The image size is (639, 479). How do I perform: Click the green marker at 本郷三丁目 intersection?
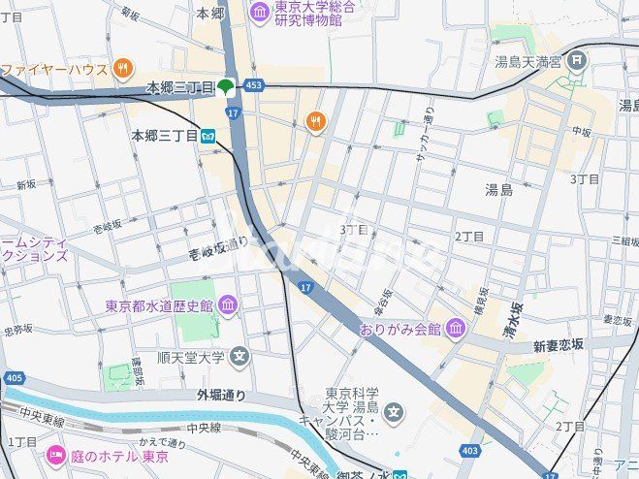(226, 87)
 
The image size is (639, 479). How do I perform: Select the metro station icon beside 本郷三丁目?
(208, 137)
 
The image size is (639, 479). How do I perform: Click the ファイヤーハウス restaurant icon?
(122, 68)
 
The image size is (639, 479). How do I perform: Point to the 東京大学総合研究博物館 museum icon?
(260, 12)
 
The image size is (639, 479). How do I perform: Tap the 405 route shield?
(14, 377)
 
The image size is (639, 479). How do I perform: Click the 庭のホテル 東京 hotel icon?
(55, 456)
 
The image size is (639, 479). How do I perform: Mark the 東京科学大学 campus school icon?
(394, 414)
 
